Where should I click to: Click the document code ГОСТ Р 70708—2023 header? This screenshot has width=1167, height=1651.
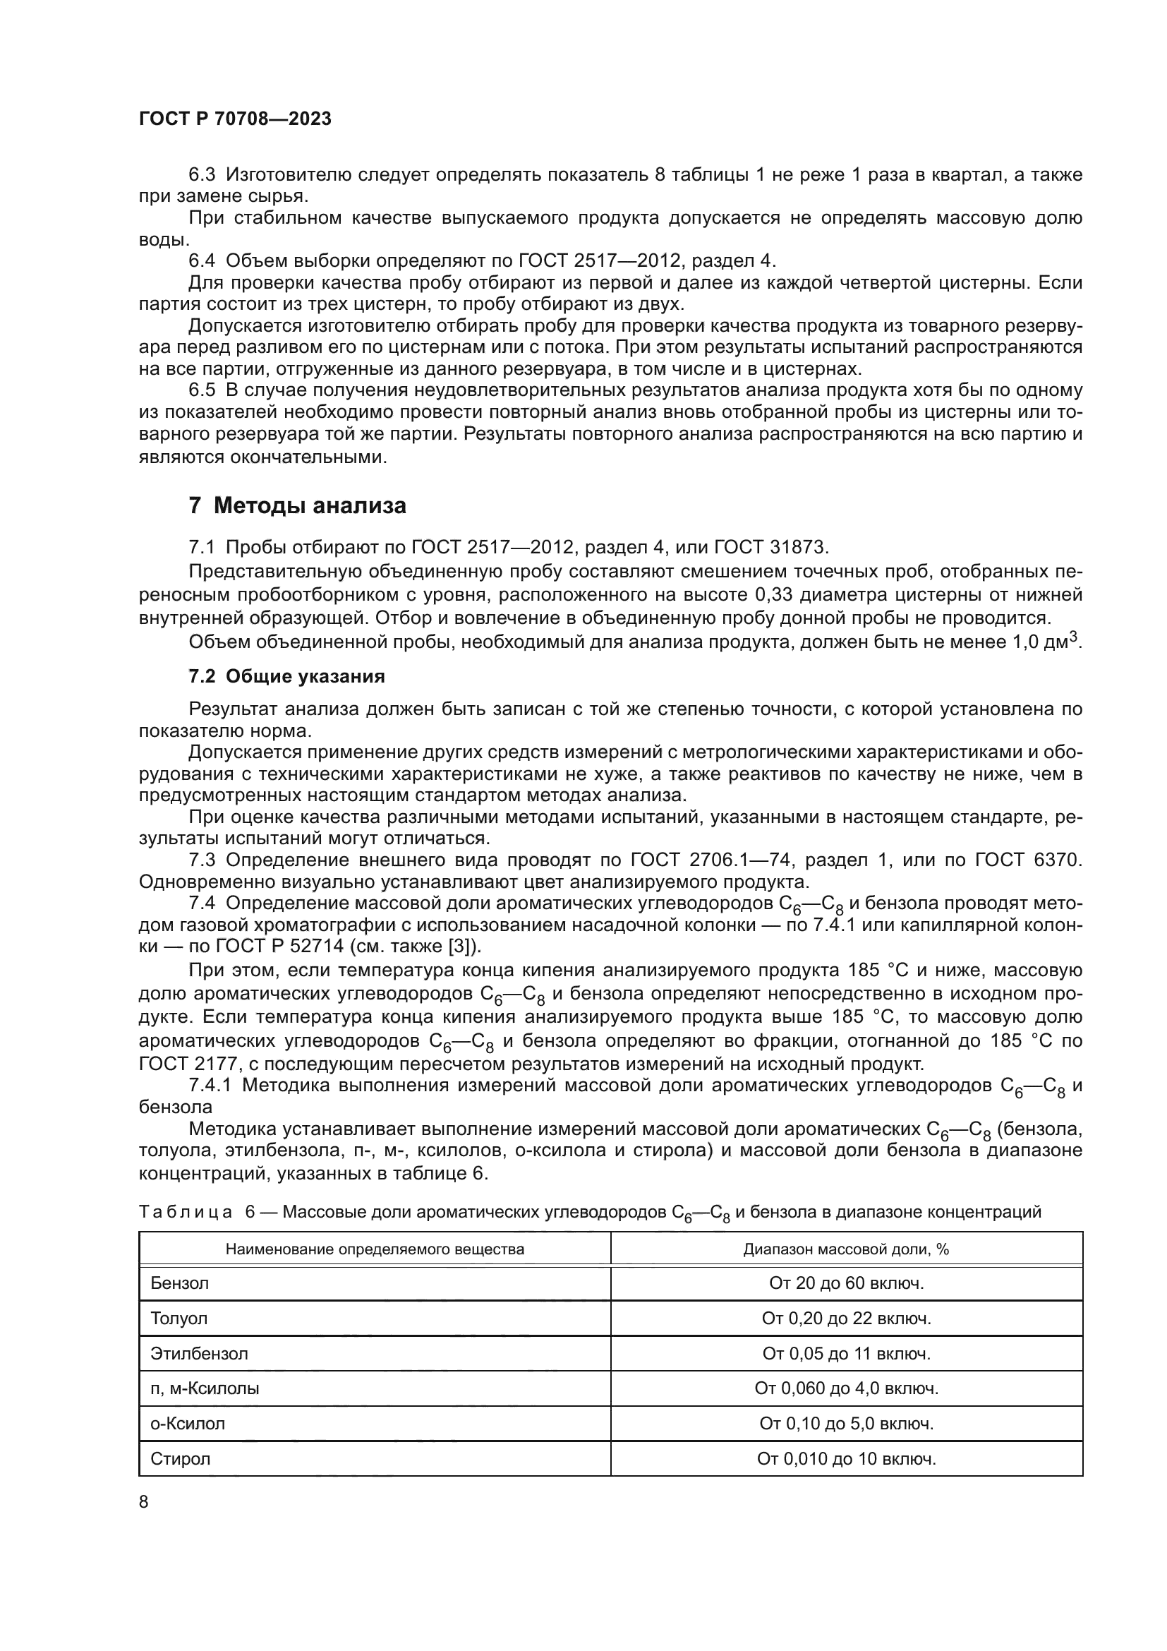coord(235,119)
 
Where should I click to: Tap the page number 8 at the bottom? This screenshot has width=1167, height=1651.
coord(144,1501)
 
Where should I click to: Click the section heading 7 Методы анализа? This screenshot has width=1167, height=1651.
coord(298,505)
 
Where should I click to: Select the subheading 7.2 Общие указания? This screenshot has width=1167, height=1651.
coord(286,676)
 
